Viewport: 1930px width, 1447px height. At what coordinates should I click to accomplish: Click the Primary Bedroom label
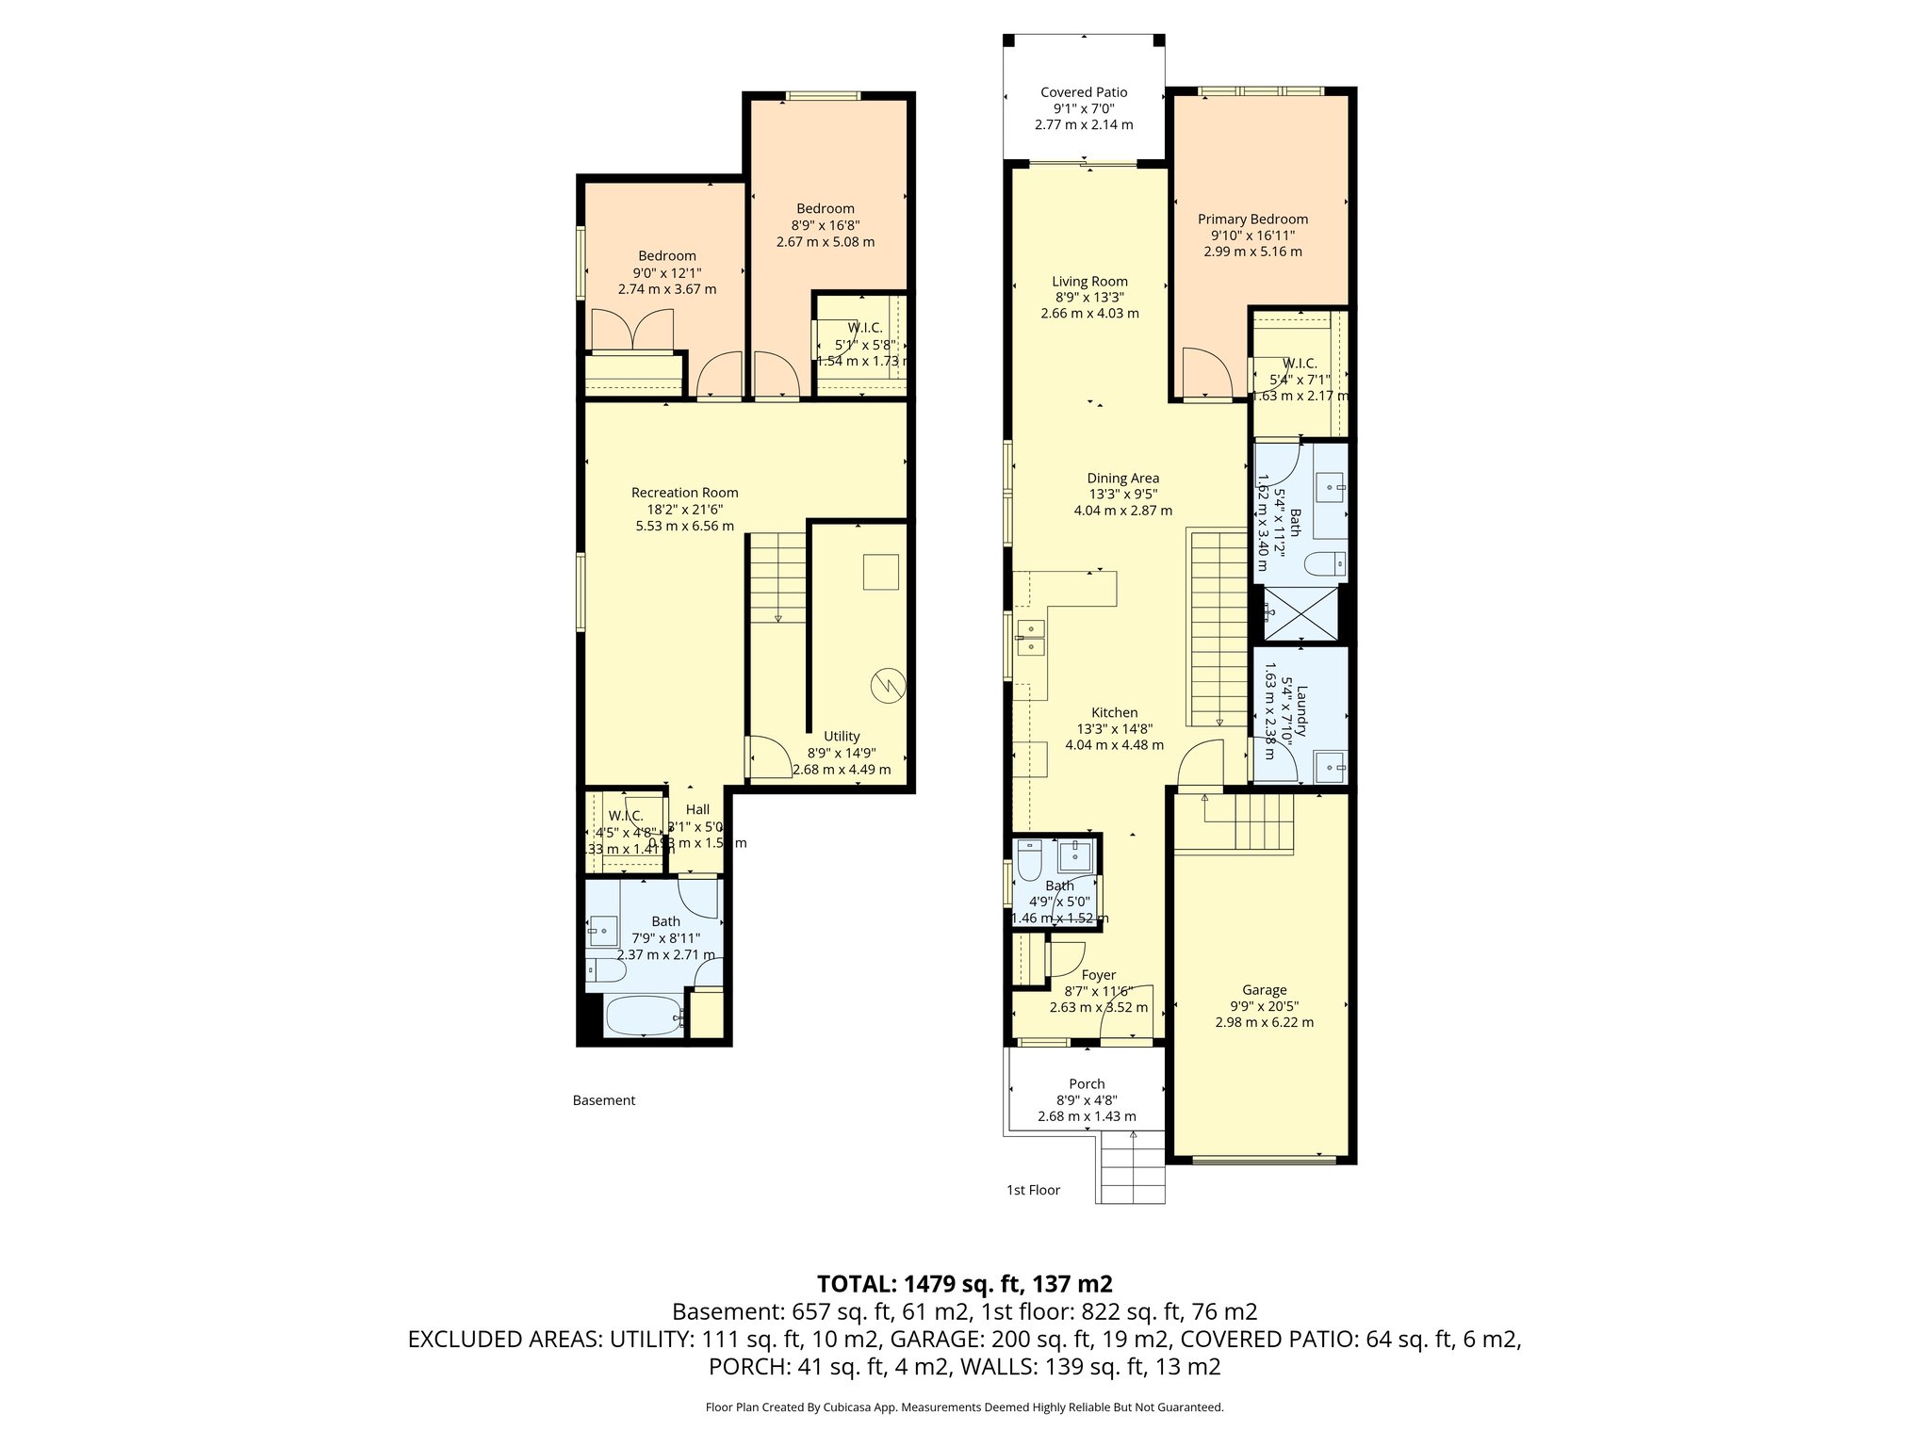tap(1252, 219)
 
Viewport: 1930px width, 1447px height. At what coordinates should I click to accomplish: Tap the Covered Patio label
tap(1084, 92)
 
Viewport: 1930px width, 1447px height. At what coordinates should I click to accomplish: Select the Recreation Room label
tap(684, 493)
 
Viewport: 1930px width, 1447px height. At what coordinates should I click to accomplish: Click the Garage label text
tap(1264, 990)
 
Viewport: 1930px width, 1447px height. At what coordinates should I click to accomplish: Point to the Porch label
tap(1087, 1084)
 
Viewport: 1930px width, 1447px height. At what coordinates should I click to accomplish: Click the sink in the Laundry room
tap(1330, 767)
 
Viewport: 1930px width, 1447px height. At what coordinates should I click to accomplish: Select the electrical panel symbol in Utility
tap(888, 685)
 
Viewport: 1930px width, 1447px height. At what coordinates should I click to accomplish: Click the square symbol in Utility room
tap(880, 572)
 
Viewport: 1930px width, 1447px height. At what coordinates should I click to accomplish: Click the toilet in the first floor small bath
tap(1028, 857)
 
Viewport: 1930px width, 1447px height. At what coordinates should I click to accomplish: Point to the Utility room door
tap(769, 756)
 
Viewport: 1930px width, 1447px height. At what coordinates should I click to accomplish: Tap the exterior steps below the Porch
tap(1131, 1168)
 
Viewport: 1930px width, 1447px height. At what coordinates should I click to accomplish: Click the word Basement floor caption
tap(604, 1100)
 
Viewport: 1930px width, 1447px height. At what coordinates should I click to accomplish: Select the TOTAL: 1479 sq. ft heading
tap(964, 1283)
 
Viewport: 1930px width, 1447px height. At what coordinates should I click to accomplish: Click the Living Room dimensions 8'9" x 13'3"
tap(1089, 297)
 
